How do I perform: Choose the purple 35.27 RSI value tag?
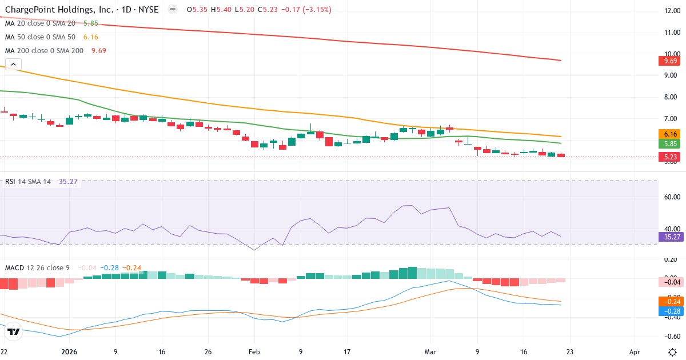[669, 237]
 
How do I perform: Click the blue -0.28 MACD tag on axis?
[669, 311]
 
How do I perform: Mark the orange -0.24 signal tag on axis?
[669, 301]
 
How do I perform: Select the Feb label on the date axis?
[253, 351]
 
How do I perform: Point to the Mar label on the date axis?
[430, 351]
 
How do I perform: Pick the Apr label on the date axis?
[635, 351]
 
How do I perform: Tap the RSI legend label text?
[10, 182]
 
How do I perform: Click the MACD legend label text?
[15, 267]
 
